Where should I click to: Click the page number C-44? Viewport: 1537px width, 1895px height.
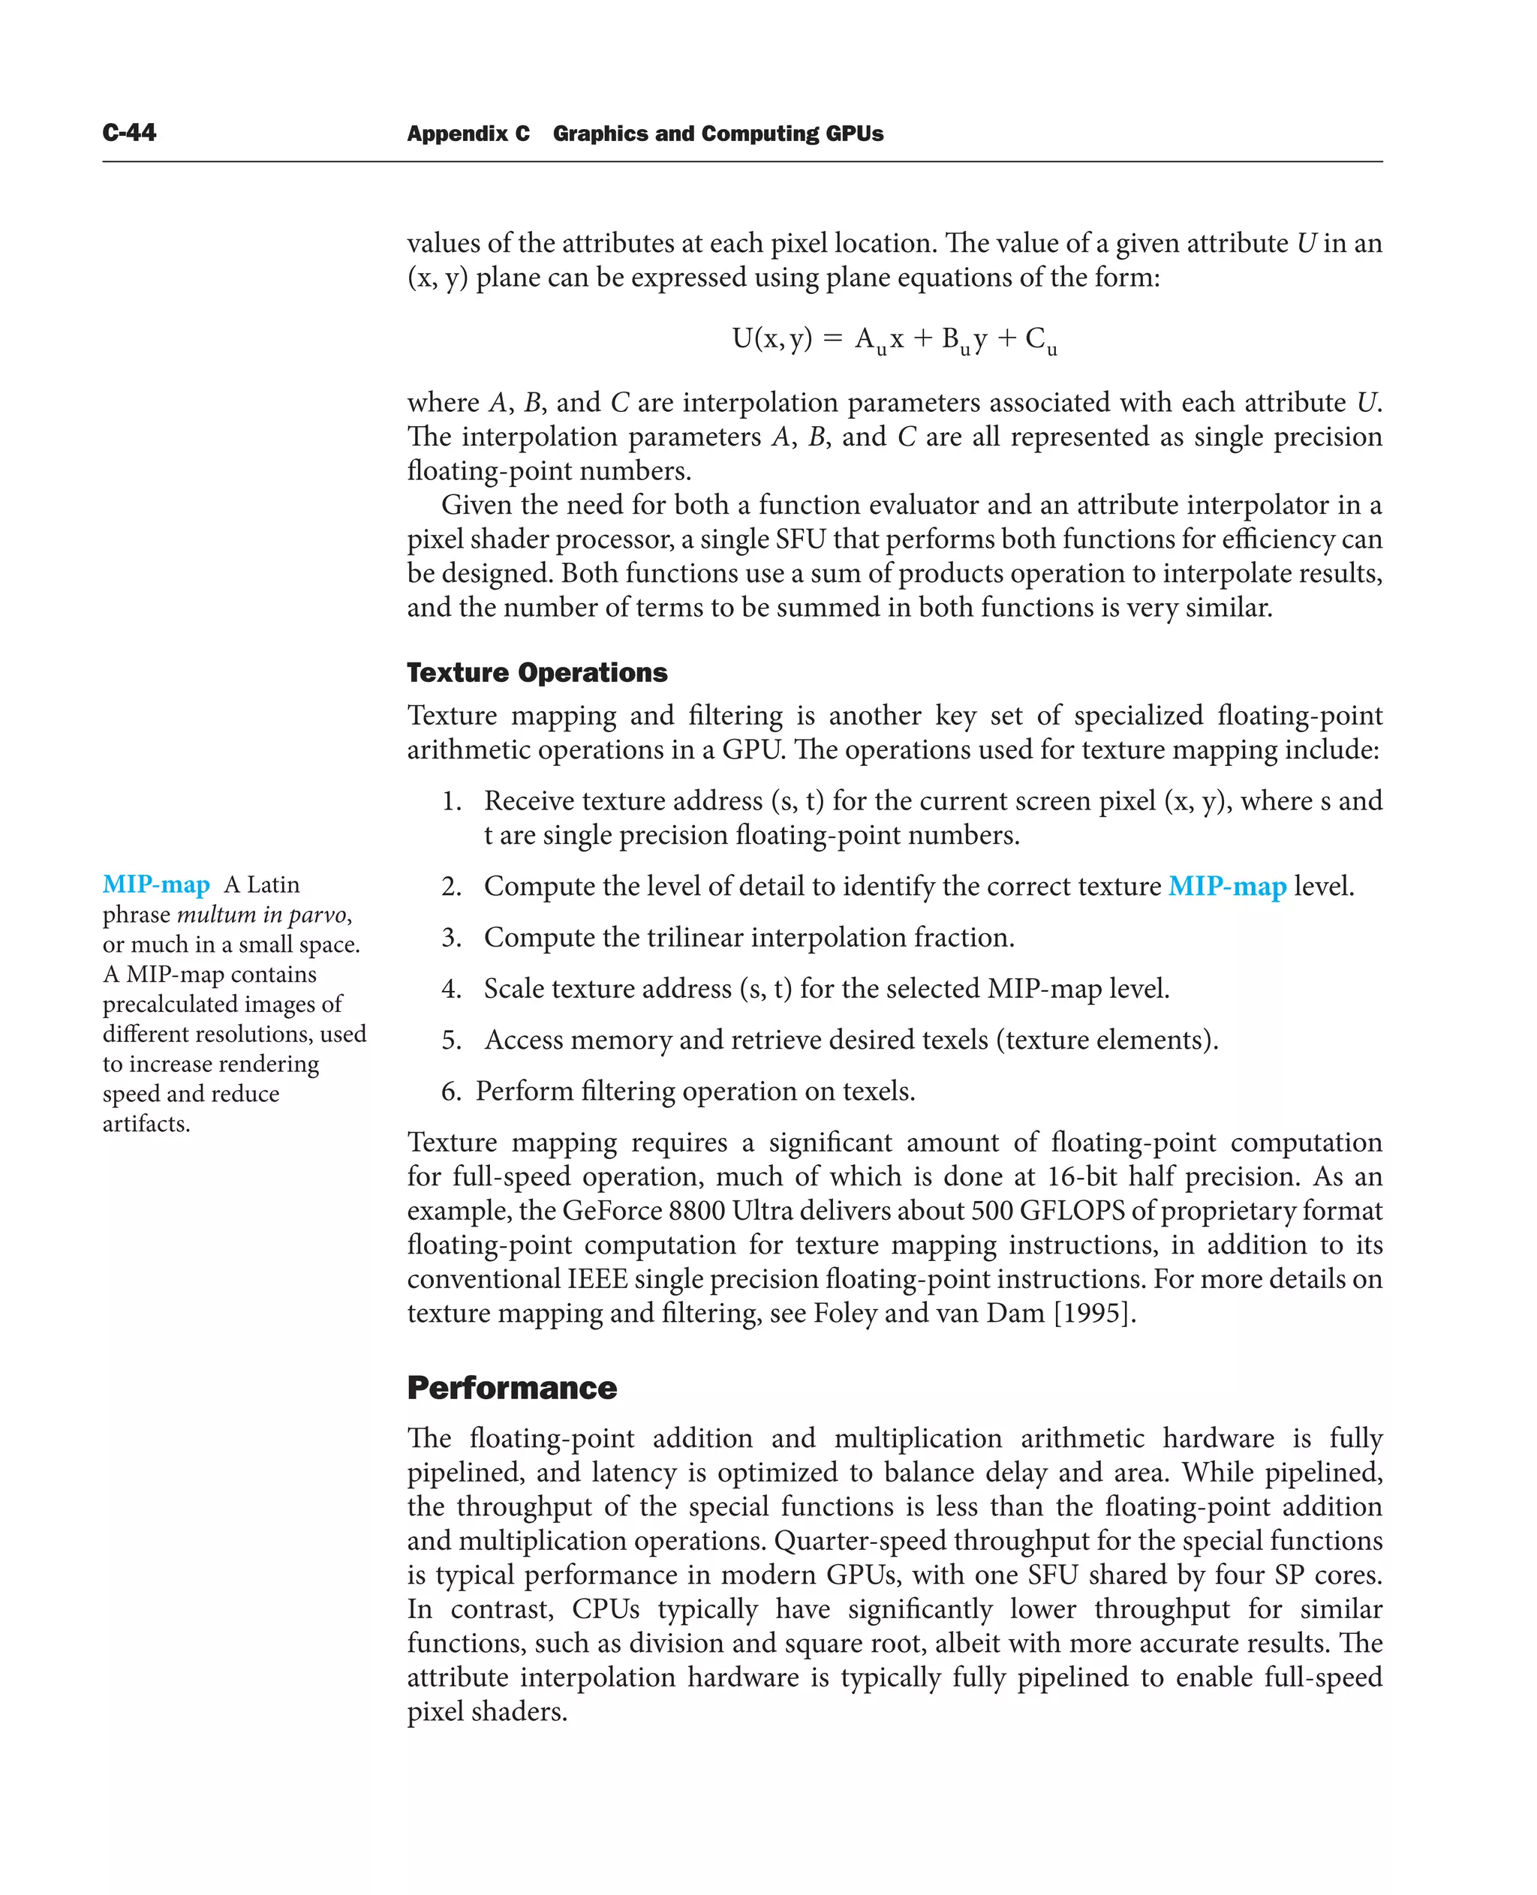129,133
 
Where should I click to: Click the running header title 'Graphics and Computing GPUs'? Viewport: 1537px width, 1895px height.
717,134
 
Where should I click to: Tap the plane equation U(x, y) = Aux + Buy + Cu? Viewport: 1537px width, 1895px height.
895,339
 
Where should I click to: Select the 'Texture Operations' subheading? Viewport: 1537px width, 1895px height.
537,673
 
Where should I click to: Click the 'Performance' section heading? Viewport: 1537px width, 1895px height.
512,1388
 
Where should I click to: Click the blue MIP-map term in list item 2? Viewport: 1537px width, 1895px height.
1226,886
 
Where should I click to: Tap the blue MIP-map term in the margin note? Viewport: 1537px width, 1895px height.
156,884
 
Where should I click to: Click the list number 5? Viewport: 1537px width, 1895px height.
452,1040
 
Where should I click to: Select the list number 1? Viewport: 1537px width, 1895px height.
452,801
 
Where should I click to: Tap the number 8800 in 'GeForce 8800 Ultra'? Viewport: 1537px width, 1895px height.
696,1210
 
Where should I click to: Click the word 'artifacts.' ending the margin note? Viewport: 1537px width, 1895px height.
146,1124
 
